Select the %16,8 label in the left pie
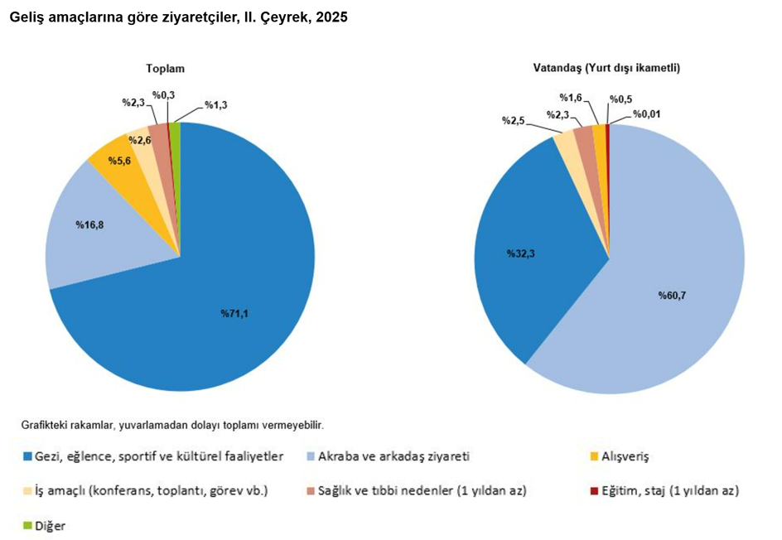pyautogui.click(x=89, y=224)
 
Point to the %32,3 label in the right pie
pyautogui.click(x=521, y=254)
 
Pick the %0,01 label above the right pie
pyautogui.click(x=647, y=114)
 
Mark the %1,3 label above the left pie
pyautogui.click(x=216, y=105)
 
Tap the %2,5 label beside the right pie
pyautogui.click(x=514, y=121)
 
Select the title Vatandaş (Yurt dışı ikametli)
pyautogui.click(x=606, y=69)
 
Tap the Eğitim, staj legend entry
pyautogui.click(x=664, y=490)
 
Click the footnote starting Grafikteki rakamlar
pyautogui.click(x=172, y=425)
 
